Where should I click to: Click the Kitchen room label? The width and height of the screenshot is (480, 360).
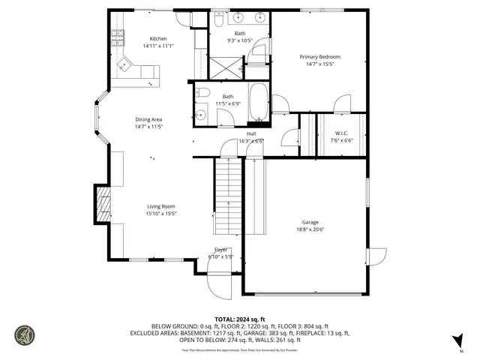157,38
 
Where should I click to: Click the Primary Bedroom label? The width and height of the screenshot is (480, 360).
320,57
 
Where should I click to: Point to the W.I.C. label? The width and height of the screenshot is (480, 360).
341,133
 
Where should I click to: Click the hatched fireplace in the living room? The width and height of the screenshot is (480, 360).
102,205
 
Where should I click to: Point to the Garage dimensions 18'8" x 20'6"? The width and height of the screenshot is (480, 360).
310,229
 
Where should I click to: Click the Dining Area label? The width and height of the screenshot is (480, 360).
148,119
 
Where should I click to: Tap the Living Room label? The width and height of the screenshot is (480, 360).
160,206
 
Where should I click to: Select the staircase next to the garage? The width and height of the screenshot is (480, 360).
229,196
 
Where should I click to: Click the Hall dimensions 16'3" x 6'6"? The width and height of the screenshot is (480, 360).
251,140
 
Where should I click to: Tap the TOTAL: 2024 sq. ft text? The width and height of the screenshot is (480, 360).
240,319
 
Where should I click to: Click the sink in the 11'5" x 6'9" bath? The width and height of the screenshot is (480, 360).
201,115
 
